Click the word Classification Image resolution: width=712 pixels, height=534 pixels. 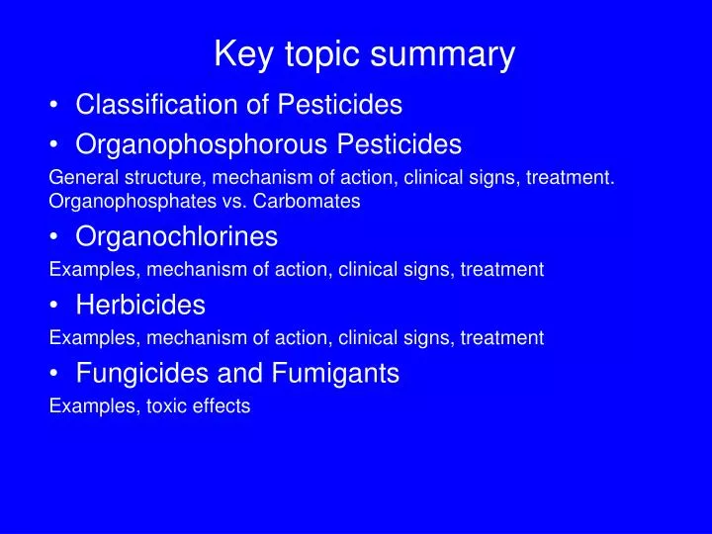160,104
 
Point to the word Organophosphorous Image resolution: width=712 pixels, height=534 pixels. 203,145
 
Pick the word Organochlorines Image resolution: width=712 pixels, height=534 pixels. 177,237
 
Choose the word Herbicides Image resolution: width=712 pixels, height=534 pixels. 140,305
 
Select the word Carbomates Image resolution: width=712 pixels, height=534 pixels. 312,201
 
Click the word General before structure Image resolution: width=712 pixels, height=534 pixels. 80,178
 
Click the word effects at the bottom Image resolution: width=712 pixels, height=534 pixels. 222,405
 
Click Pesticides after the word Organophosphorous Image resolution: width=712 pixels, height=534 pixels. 400,145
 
